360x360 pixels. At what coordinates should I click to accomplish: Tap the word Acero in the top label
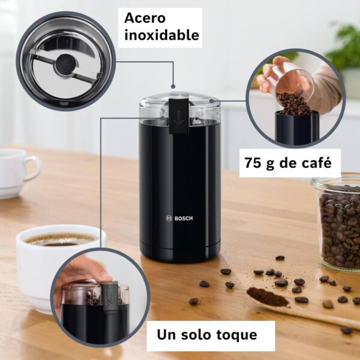coord(145,17)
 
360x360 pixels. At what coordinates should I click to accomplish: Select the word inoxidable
coord(161,35)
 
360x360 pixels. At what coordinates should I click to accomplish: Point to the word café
coord(316,163)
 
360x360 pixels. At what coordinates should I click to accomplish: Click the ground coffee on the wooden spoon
coord(268,296)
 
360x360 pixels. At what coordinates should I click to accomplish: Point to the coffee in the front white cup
coord(60,239)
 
